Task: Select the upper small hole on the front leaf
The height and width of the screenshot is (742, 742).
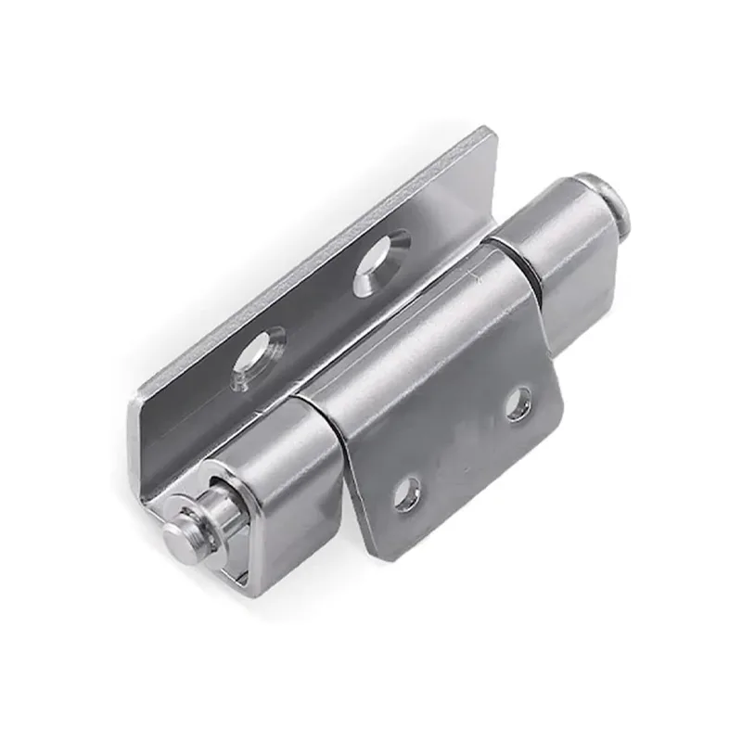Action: pyautogui.click(x=518, y=404)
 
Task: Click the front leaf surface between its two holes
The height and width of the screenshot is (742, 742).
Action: pyautogui.click(x=464, y=450)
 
